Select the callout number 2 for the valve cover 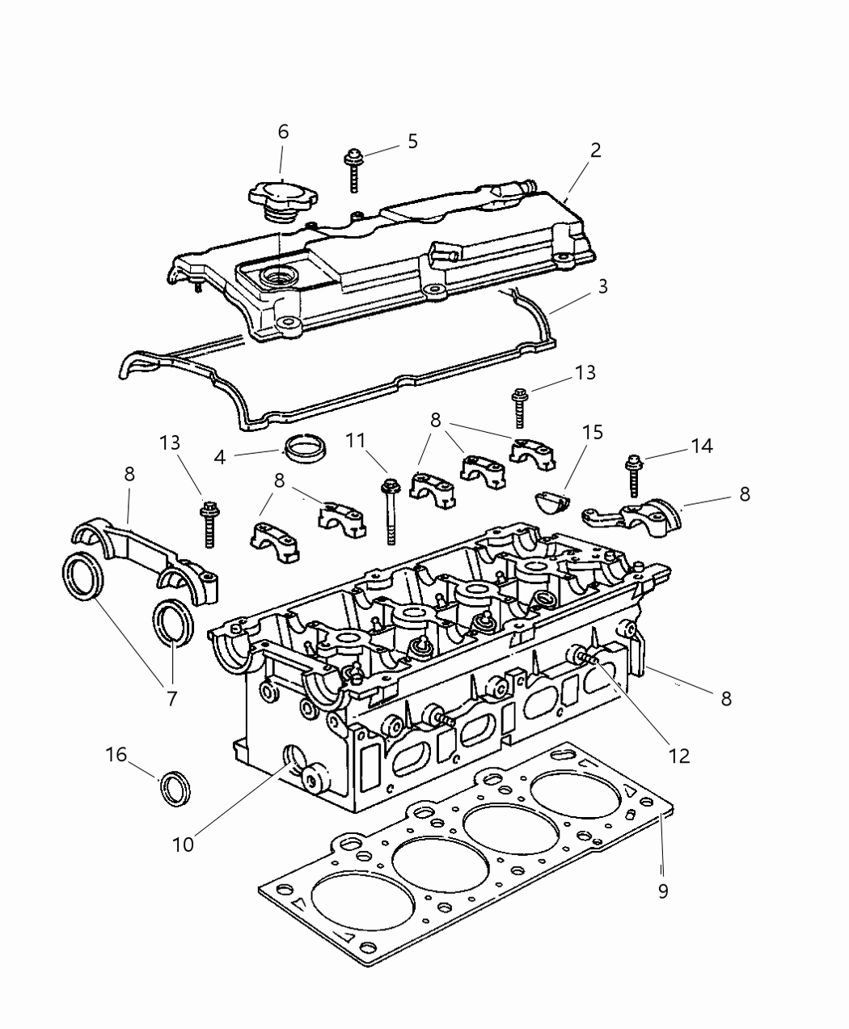click(x=595, y=150)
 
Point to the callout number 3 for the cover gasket click(x=602, y=286)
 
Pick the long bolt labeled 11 click(x=391, y=511)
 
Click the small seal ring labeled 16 click(x=176, y=788)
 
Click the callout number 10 click(x=184, y=844)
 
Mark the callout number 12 click(x=678, y=755)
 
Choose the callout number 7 click(x=171, y=698)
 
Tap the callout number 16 click(x=116, y=755)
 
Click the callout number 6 click(x=283, y=131)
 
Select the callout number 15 click(x=593, y=432)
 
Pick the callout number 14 click(x=702, y=446)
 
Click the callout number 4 click(x=220, y=456)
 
